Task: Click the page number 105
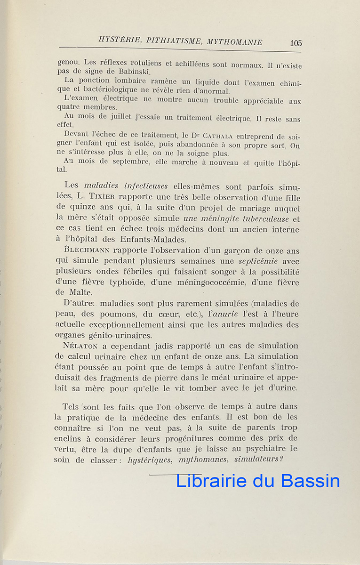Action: click(296, 43)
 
